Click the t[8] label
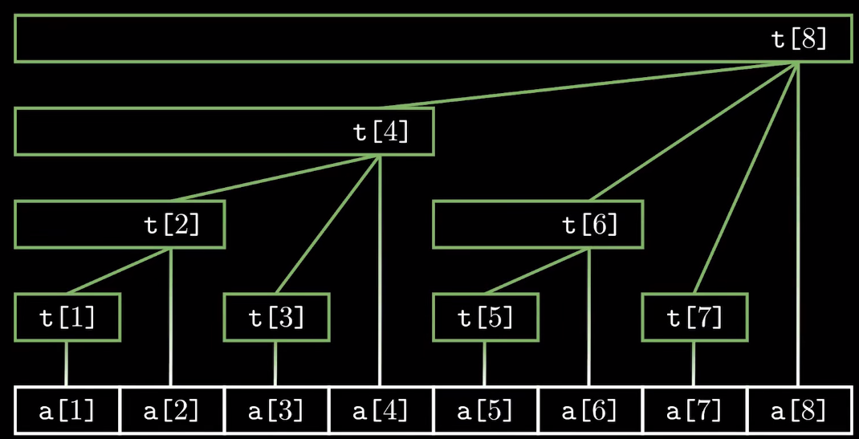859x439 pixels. pyautogui.click(x=799, y=39)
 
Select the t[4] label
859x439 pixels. pyautogui.click(x=381, y=132)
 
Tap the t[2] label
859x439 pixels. pyautogui.click(x=172, y=225)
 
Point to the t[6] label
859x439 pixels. pyautogui.click(x=591, y=225)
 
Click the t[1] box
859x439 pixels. pyautogui.click(x=67, y=318)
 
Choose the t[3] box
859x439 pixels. pyautogui.click(x=277, y=318)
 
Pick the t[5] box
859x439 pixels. pyautogui.click(x=486, y=318)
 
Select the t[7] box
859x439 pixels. pyautogui.click(x=695, y=318)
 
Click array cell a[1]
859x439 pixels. pyautogui.click(x=67, y=411)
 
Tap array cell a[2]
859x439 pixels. pyautogui.click(x=172, y=411)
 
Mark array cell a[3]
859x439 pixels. pyautogui.click(x=277, y=411)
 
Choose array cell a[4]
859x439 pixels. pyautogui.click(x=381, y=411)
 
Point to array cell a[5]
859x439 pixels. pyautogui.click(x=486, y=411)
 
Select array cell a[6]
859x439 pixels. pyautogui.click(x=590, y=411)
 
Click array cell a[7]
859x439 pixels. pyautogui.click(x=695, y=411)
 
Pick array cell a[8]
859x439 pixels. pyautogui.click(x=800, y=411)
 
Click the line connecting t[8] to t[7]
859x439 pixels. pyautogui.click(x=747, y=178)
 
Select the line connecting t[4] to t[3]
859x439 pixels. pyautogui.click(x=328, y=225)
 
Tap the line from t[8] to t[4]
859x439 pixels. pyautogui.click(x=589, y=85)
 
